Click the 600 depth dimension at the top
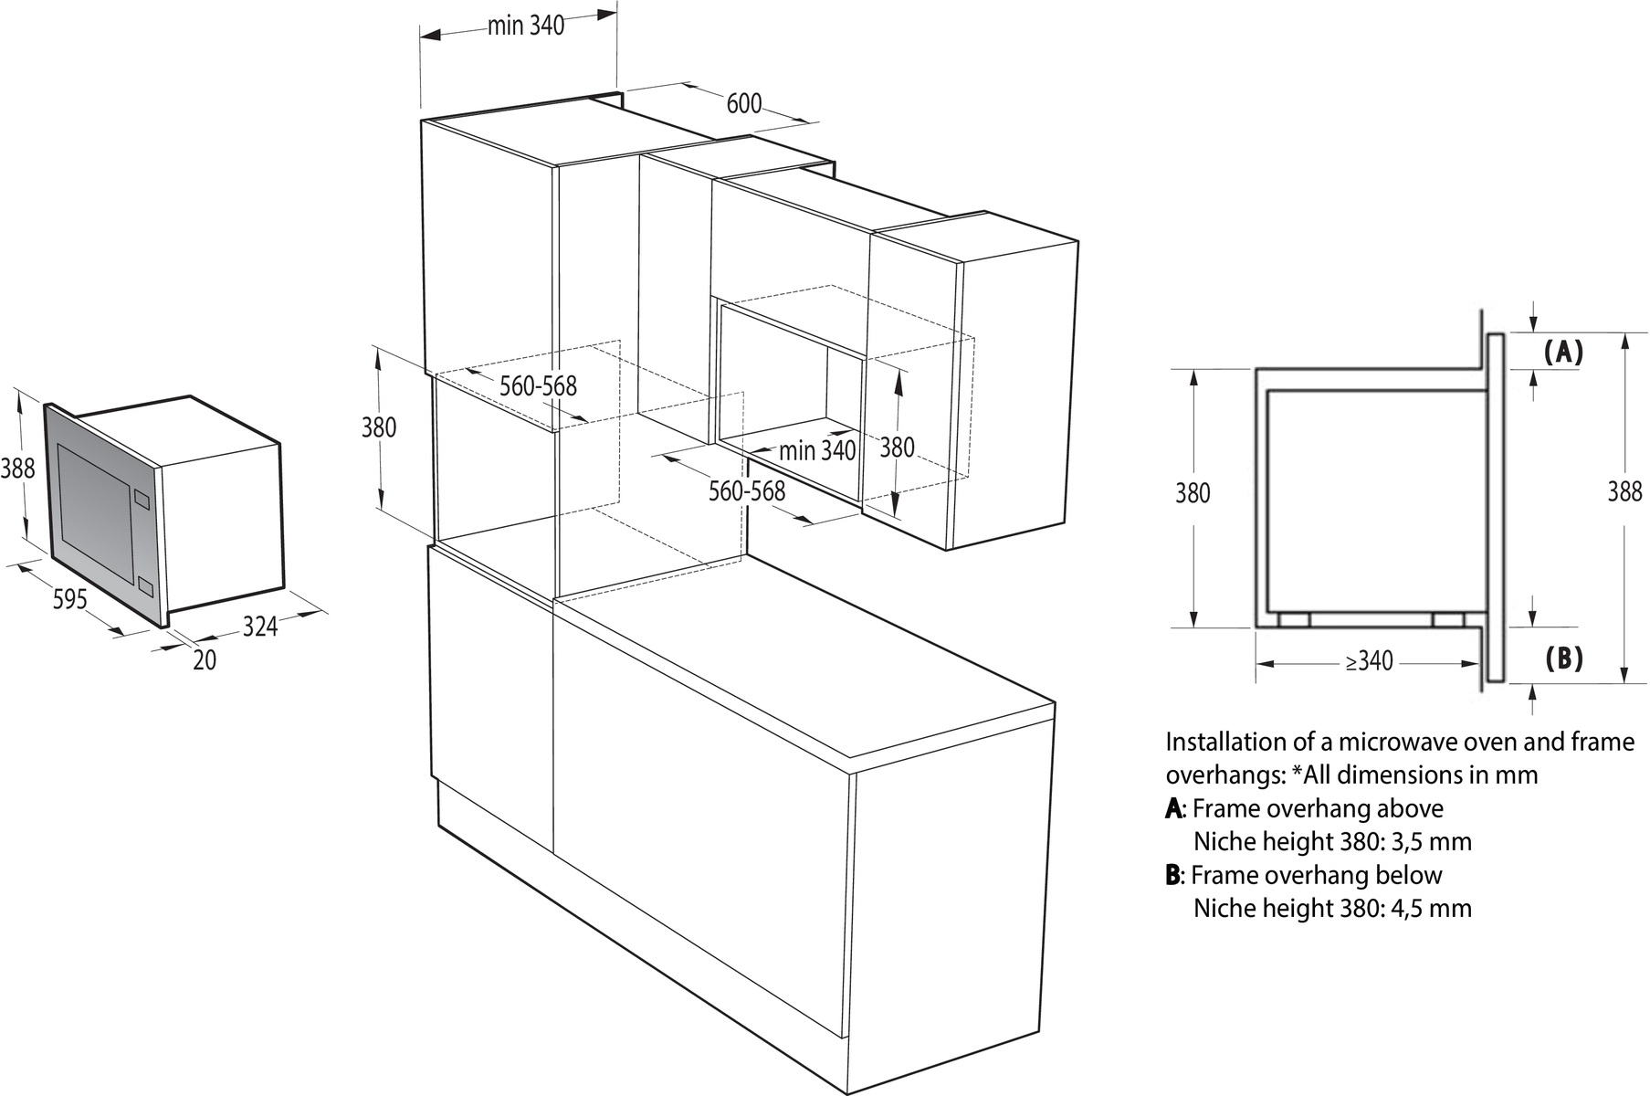click(x=743, y=103)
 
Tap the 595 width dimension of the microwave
click(x=69, y=599)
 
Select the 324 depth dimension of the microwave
click(x=260, y=627)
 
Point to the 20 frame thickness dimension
click(x=205, y=659)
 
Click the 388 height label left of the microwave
click(x=17, y=469)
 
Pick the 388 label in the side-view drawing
click(x=1624, y=492)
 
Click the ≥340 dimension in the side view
click(x=1369, y=660)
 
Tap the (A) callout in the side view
click(x=1562, y=352)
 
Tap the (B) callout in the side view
click(x=1562, y=658)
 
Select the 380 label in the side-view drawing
click(x=1193, y=493)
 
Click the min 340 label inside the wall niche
click(x=817, y=450)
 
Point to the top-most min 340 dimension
click(x=525, y=26)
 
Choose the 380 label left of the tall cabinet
click(x=379, y=427)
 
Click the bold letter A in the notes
click(x=1173, y=808)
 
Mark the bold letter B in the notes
click(x=1173, y=875)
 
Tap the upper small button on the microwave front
click(x=142, y=499)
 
